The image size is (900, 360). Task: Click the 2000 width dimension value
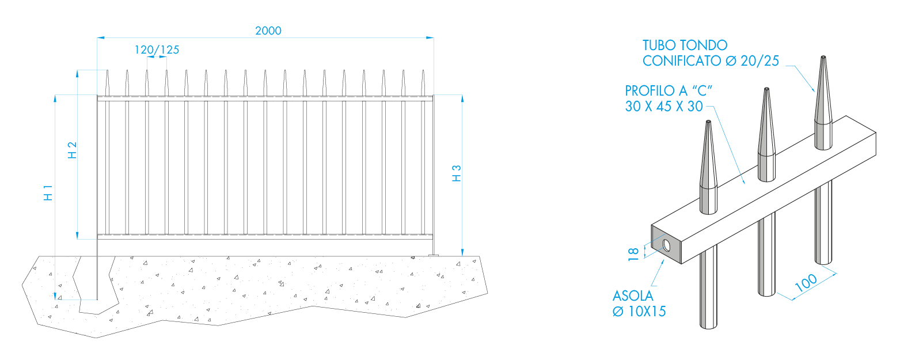(x=268, y=31)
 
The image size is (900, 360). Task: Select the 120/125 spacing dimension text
(x=157, y=50)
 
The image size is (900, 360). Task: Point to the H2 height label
(x=73, y=150)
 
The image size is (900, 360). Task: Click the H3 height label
(x=457, y=173)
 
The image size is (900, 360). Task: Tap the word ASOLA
(x=633, y=296)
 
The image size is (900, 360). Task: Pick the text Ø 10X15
(x=639, y=312)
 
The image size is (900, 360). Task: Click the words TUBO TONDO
(x=685, y=45)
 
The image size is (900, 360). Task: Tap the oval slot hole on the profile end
(x=666, y=245)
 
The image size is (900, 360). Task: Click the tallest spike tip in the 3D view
(x=823, y=58)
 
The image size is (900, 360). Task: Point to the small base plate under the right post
(x=435, y=255)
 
